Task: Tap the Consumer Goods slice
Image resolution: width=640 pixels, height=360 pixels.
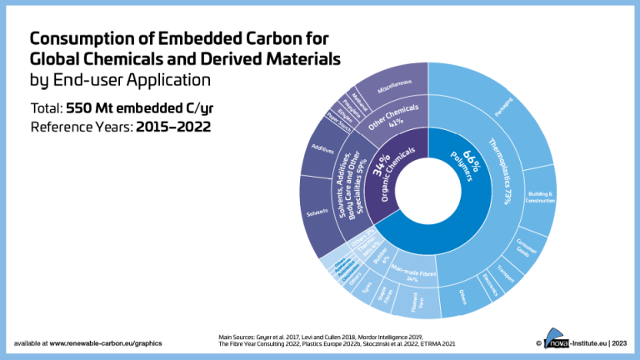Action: point(524,247)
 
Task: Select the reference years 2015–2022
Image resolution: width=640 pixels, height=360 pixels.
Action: point(175,127)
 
